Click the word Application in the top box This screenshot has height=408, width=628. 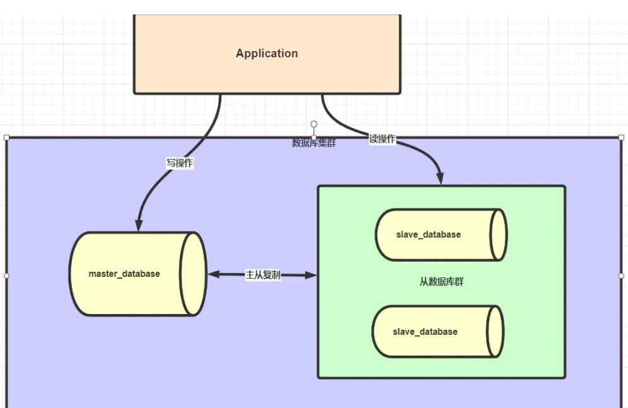pos(267,54)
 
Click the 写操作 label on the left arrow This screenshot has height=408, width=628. pos(180,163)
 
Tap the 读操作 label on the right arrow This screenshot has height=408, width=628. pos(383,139)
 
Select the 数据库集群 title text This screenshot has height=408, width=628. pos(314,143)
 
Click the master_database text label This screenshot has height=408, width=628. pos(124,274)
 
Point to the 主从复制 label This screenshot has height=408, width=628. pos(263,275)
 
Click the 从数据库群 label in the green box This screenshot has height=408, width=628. pos(441,282)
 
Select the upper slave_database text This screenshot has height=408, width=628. pos(428,235)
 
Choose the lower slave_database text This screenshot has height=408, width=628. pos(425,332)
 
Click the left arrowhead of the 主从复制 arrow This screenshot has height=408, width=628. pos(213,274)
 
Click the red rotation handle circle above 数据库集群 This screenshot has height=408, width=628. pos(314,124)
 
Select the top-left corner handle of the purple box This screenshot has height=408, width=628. pos(7,137)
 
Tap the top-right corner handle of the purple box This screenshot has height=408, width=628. pos(621,137)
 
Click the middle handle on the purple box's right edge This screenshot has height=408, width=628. pos(621,276)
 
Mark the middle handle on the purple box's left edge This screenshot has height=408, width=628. pos(7,276)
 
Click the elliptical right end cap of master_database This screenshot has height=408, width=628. pos(193,274)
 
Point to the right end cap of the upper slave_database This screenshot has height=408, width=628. pos(498,235)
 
